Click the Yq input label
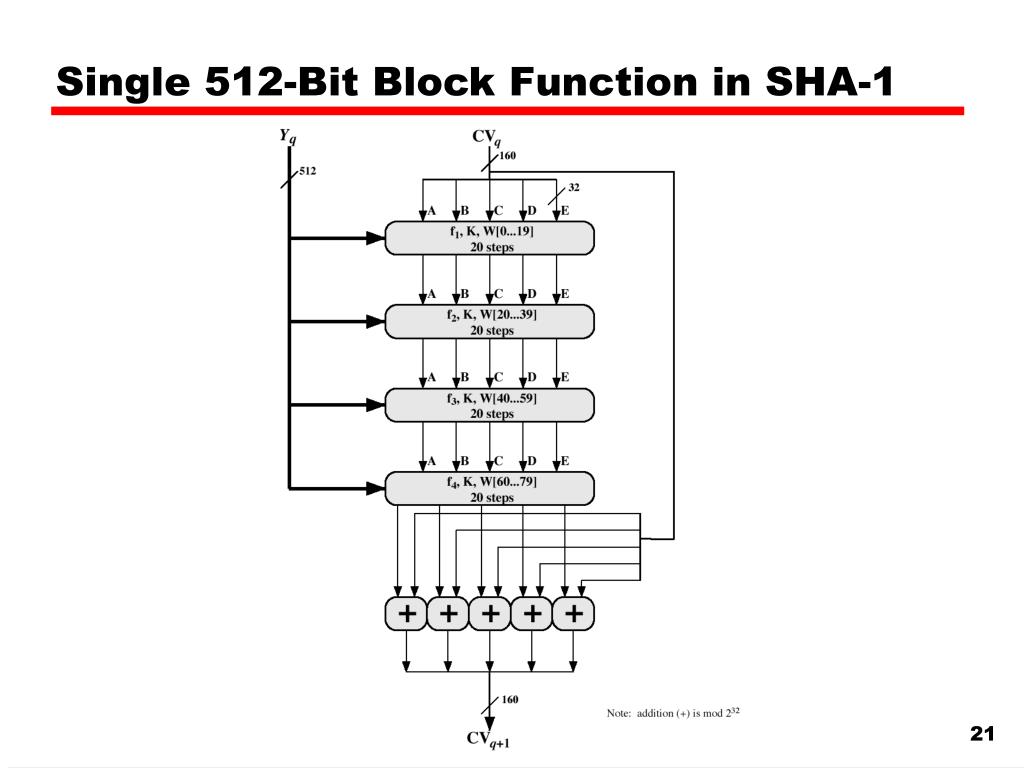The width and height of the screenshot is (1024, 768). (x=287, y=136)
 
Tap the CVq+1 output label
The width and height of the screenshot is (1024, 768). (x=488, y=740)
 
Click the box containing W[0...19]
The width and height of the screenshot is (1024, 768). (x=490, y=238)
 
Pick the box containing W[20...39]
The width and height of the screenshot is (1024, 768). (x=490, y=322)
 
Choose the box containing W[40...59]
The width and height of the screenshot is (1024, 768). (x=490, y=405)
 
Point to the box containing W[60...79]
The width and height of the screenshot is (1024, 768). (x=490, y=489)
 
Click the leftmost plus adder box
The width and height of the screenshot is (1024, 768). (x=407, y=614)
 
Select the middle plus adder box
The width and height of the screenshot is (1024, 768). (x=490, y=614)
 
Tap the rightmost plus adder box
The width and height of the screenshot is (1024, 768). (x=573, y=614)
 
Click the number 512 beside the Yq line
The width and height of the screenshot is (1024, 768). (x=308, y=171)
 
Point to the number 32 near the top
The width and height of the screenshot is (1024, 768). (x=574, y=187)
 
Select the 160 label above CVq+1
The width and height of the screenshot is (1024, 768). (x=509, y=699)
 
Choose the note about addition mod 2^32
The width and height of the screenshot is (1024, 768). (x=672, y=713)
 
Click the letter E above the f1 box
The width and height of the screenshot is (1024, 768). (x=564, y=211)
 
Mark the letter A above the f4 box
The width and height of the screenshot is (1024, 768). (x=432, y=461)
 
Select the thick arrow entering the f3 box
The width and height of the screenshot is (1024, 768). (x=340, y=405)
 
